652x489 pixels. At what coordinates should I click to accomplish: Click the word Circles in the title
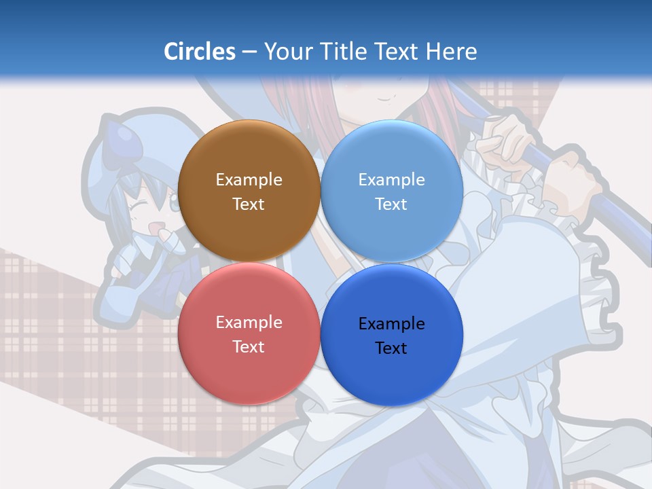tap(199, 52)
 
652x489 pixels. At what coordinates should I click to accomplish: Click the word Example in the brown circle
tap(249, 179)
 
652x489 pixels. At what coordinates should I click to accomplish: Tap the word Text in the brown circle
tap(249, 204)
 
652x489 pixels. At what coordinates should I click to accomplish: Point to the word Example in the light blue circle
tap(391, 179)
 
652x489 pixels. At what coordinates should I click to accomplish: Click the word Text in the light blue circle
tap(391, 204)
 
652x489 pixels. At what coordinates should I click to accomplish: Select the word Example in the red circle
tap(249, 322)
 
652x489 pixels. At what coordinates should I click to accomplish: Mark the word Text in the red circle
tap(249, 346)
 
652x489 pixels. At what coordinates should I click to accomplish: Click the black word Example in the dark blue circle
tap(391, 323)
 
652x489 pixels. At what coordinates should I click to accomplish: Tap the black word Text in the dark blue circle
tap(391, 348)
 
